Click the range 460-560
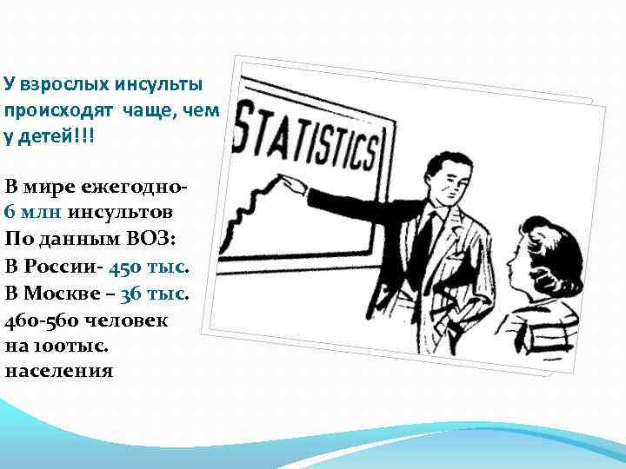tap(42, 318)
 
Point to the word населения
tap(59, 371)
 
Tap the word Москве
tap(66, 292)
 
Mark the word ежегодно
tap(131, 186)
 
